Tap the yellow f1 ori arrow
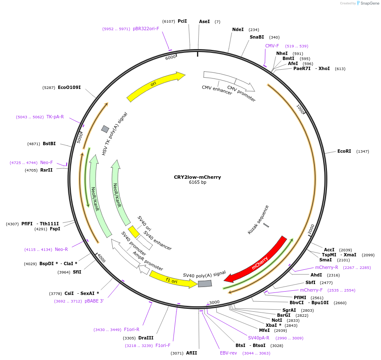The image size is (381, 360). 173,280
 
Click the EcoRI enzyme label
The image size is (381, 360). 344,151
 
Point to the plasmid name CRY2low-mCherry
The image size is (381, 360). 197,177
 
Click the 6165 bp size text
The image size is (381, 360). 197,182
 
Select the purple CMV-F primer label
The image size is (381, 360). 272,46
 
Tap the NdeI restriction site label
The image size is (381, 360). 238,29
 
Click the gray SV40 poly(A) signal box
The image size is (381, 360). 205,283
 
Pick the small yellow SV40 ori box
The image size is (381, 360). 134,232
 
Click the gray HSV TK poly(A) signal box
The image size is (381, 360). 105,129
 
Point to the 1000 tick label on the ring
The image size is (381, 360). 301,109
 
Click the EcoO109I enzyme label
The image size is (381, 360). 69,87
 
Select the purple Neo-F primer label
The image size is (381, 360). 47,162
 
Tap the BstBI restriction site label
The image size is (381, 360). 49,143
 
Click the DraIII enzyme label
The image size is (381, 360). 146,338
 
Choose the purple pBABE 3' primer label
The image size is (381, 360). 94,301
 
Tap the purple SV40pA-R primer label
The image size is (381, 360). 259,338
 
